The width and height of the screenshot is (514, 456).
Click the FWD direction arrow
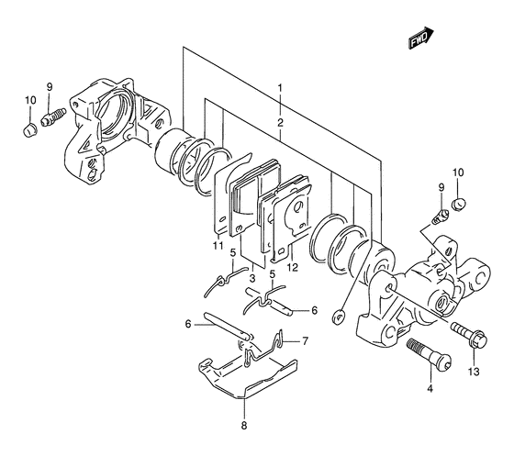[421, 38]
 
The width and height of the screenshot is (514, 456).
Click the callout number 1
[280, 88]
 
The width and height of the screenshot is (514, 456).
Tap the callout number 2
[280, 123]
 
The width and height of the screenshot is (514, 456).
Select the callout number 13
[474, 372]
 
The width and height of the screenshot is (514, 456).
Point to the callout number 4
[430, 389]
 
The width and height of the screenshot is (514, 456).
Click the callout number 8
[244, 426]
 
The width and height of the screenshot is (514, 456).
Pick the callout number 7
[305, 341]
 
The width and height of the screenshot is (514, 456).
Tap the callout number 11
[218, 245]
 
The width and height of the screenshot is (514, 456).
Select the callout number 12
[293, 268]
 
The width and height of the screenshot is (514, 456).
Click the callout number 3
[252, 279]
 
